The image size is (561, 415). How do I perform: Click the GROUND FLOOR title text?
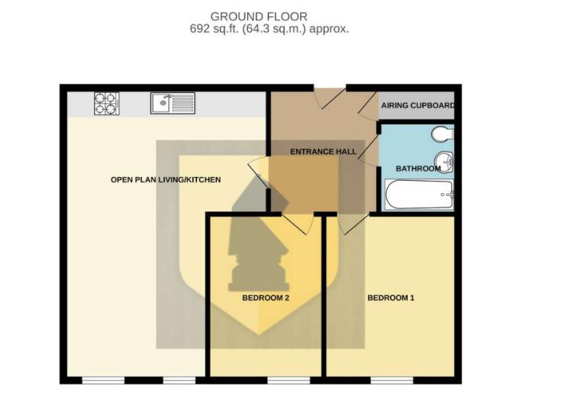pos(259,17)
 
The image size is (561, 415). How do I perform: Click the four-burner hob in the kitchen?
pos(107,104)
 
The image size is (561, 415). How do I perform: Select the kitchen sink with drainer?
pos(172,103)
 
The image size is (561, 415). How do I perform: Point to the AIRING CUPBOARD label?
pos(418,105)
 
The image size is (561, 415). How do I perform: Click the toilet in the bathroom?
pos(443,134)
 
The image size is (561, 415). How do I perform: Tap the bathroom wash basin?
pos(444,162)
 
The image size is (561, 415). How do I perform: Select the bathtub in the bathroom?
pos(419,195)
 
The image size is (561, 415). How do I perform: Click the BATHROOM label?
pos(418,169)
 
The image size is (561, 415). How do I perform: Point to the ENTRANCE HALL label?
pos(324,152)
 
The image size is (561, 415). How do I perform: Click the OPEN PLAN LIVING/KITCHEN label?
pos(166,179)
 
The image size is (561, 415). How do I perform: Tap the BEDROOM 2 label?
pos(266,298)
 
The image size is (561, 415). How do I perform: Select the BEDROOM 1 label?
pos(391,298)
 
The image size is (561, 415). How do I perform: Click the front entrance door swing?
pos(330,97)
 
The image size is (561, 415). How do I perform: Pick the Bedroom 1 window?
pos(392,381)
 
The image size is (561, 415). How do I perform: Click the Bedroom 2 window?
pos(289,381)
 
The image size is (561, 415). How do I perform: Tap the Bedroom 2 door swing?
pos(298,224)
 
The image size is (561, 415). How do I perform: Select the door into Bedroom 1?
pos(354,224)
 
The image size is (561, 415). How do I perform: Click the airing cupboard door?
pos(368,105)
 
